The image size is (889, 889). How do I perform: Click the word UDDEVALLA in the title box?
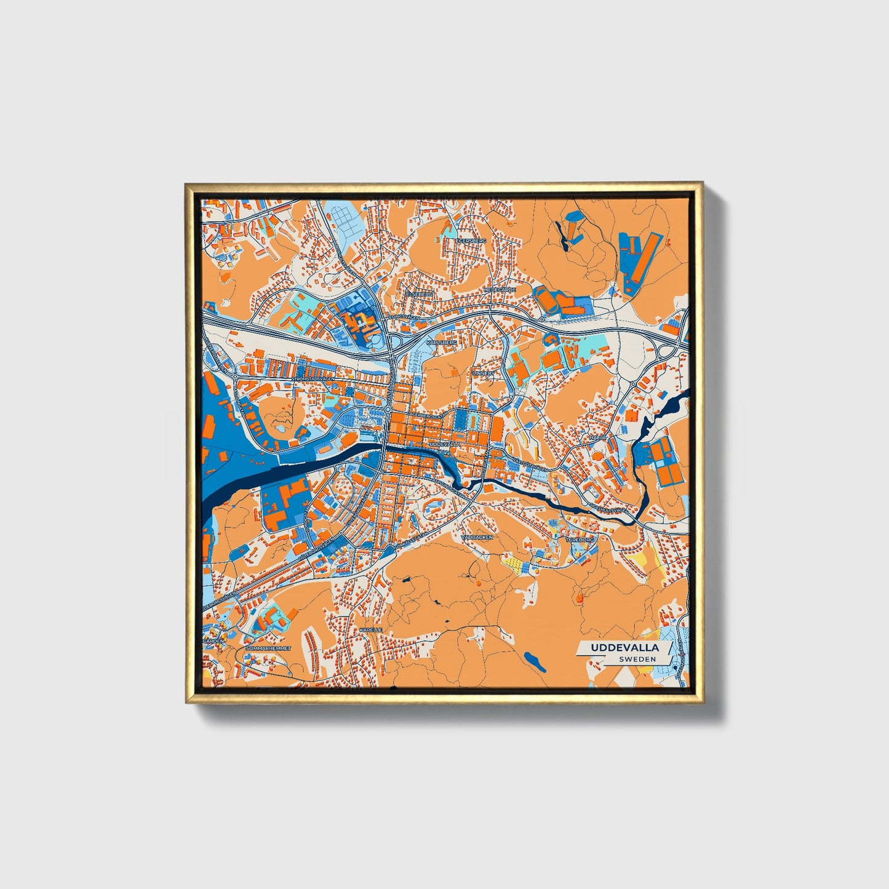point(625,648)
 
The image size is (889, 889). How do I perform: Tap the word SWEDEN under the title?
point(637,659)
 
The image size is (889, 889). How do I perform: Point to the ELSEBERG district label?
point(419,294)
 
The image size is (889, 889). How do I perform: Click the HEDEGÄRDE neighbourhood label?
point(500,289)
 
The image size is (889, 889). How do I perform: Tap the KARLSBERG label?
point(442,340)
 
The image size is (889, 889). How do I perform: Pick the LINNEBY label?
point(484,373)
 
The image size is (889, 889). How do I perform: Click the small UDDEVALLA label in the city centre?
point(444,443)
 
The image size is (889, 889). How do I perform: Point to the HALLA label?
point(597,437)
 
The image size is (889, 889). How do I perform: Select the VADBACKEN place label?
point(477,537)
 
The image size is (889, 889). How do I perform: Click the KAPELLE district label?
point(371,631)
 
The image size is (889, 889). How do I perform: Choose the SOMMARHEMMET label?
point(268,649)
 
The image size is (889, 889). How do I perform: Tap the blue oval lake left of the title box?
point(533,661)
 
